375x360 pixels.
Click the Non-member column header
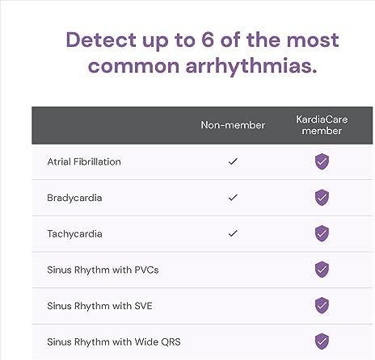pos(233,125)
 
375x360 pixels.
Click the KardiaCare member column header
pos(322,125)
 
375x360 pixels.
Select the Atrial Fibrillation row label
pos(84,161)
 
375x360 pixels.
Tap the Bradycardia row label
pos(74,198)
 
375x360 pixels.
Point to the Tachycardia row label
pos(74,234)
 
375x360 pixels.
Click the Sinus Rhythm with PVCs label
pos(103,270)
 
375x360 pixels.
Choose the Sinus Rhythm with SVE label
pos(99,306)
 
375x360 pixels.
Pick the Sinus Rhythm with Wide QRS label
pos(114,342)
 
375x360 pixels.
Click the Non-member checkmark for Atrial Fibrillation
pos(233,161)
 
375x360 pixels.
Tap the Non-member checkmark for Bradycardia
pos(233,198)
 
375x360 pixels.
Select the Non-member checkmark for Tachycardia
pos(233,233)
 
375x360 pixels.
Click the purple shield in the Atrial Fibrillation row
pos(322,161)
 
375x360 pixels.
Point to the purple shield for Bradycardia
pos(322,198)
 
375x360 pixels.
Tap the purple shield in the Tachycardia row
pos(322,233)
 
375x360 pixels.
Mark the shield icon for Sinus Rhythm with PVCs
pos(322,269)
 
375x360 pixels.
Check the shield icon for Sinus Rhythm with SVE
pos(322,305)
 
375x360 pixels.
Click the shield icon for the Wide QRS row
pos(322,341)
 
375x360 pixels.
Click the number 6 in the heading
pos(208,40)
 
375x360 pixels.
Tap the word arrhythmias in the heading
pos(251,65)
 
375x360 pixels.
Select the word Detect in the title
pos(101,40)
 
